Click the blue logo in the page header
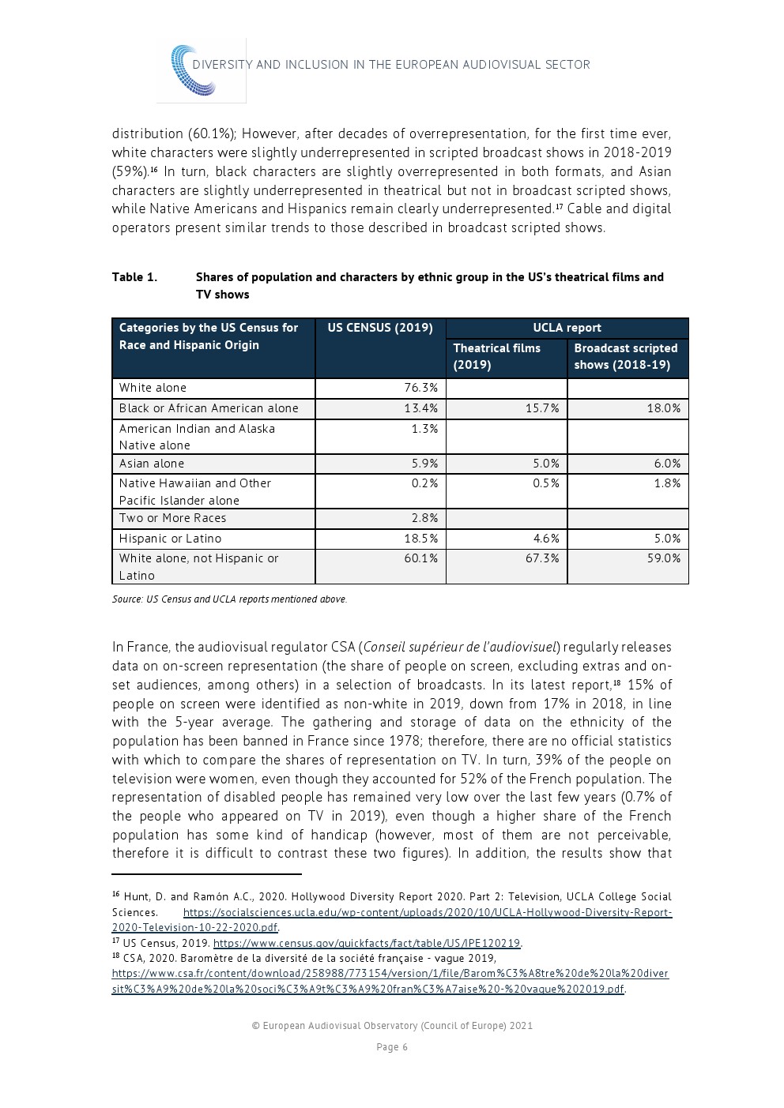pos(201,71)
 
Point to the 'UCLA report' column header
pos(567,328)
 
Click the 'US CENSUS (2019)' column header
pos(380,328)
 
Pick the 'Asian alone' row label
pos(152,464)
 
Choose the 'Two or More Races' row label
pos(172,518)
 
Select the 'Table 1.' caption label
pos(134,277)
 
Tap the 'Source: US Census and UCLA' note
pos(229,599)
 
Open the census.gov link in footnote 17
pos(367,943)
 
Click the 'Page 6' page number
pos(392,1047)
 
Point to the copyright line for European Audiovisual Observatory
pos(392,1026)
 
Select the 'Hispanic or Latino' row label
pos(170,539)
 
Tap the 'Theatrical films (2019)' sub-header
pos(497,356)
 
